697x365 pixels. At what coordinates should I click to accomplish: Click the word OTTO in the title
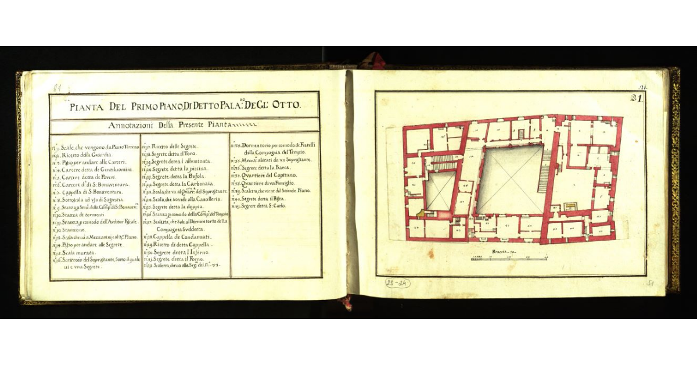[x=285, y=106]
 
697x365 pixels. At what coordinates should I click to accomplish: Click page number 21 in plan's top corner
[x=636, y=98]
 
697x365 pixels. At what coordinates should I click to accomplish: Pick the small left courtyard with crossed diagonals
[x=440, y=192]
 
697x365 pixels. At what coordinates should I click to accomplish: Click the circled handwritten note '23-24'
[x=397, y=283]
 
